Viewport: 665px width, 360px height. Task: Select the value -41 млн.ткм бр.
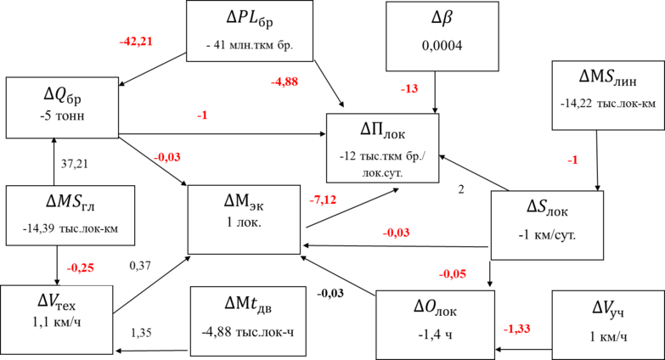click(x=249, y=45)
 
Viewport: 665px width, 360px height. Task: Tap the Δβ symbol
click(x=442, y=18)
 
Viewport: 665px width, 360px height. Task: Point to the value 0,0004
click(x=442, y=45)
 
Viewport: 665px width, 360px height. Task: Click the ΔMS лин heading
click(x=607, y=77)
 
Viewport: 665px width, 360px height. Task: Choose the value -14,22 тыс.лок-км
click(x=607, y=104)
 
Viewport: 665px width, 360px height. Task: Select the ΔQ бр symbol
click(x=62, y=92)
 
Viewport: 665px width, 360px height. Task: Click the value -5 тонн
click(x=62, y=115)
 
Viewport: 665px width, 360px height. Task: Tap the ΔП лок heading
click(x=382, y=129)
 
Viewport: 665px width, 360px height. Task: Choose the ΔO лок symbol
click(x=435, y=307)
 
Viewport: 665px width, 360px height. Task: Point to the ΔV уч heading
click(x=607, y=308)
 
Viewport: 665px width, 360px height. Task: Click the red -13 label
click(x=409, y=89)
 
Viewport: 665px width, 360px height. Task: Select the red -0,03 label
click(x=397, y=233)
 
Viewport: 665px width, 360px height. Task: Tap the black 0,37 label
click(x=140, y=266)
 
